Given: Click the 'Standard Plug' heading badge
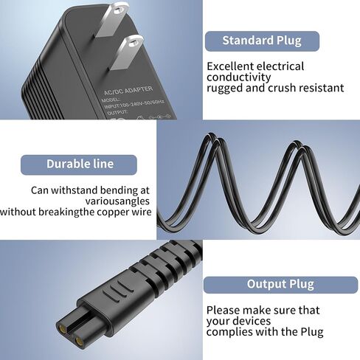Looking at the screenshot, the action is [x=262, y=41].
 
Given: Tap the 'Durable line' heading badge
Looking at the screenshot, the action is [x=79, y=165].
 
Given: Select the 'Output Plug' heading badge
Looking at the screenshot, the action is [x=280, y=285].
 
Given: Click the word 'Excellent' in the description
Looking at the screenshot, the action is [x=230, y=66].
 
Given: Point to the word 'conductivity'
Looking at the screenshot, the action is [x=238, y=77].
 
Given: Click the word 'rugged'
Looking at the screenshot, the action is [x=224, y=89].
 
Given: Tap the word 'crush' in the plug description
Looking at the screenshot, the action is [x=283, y=88].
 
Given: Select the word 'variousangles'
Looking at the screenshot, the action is [x=117, y=201].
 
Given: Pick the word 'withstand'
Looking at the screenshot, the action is [x=75, y=190].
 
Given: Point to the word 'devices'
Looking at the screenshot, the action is [x=251, y=321].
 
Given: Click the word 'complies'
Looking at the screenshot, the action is [x=229, y=332].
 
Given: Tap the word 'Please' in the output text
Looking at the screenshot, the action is [x=224, y=311].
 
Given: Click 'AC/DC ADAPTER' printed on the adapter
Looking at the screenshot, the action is [x=128, y=90].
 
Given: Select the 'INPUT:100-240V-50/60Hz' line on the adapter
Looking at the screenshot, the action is [x=134, y=104].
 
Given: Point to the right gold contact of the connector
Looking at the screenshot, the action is [x=79, y=341].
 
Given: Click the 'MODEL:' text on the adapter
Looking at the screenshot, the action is [x=111, y=100].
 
